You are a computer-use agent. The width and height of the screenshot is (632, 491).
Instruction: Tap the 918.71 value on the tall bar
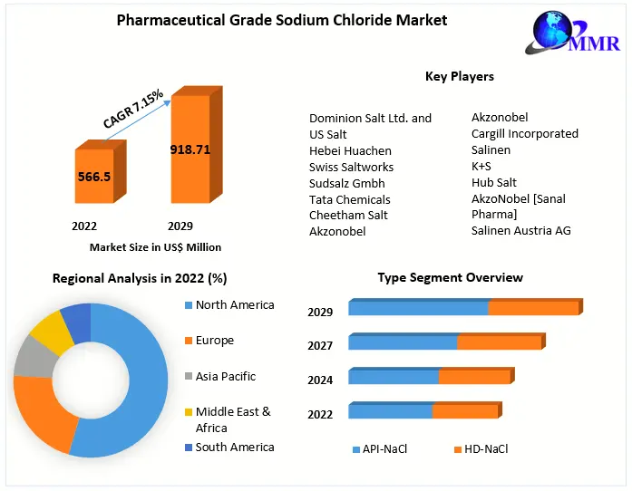click(190, 149)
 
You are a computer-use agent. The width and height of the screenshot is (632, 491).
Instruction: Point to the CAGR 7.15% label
click(133, 108)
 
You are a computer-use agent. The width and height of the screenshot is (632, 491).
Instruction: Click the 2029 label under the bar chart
click(180, 226)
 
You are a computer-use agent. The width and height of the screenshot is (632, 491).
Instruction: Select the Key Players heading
click(460, 76)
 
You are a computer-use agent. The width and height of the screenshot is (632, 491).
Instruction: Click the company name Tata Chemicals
click(350, 199)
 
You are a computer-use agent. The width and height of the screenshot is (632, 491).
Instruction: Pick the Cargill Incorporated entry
click(525, 133)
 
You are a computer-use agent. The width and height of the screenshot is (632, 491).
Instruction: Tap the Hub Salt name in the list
click(494, 182)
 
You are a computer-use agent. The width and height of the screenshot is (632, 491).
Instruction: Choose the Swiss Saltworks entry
click(352, 167)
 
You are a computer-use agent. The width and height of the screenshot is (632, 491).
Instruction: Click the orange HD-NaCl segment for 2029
click(533, 308)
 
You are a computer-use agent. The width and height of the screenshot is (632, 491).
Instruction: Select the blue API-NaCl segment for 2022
click(390, 411)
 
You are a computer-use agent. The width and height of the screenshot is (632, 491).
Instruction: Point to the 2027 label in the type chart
click(320, 345)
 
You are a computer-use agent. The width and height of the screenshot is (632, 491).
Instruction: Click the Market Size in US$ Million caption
click(155, 247)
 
